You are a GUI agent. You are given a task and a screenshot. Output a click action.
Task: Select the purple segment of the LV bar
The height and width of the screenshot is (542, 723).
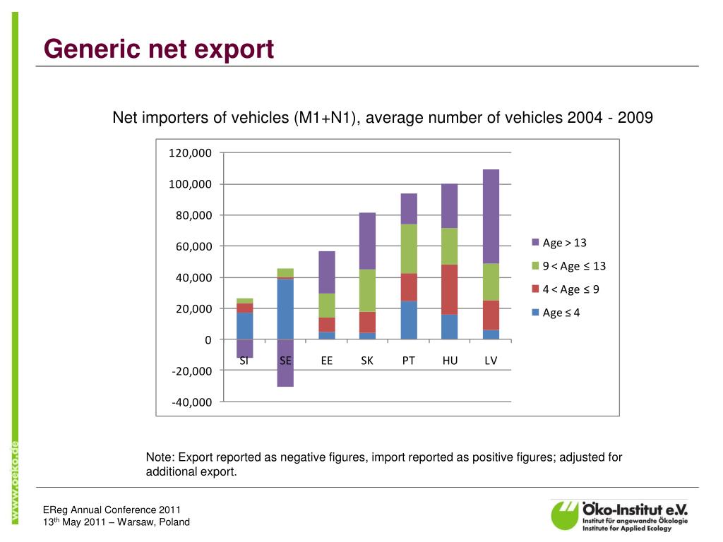(x=491, y=216)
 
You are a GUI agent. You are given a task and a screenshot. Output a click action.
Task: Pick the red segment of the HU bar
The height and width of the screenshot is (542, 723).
(x=450, y=289)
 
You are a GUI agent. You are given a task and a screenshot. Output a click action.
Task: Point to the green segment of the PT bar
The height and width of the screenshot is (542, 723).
(x=409, y=248)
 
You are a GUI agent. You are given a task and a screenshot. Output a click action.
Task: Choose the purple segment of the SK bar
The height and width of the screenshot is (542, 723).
(x=367, y=241)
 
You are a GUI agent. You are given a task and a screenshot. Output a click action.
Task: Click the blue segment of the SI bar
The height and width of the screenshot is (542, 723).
(x=244, y=325)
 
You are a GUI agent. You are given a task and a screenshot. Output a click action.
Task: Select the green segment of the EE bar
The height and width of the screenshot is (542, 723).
(x=326, y=305)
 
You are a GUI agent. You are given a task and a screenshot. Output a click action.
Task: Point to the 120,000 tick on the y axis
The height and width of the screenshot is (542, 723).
(x=190, y=153)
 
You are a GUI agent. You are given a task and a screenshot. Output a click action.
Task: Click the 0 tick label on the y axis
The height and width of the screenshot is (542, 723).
(x=208, y=340)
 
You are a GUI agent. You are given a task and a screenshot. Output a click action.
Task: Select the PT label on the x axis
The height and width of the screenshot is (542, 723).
(x=409, y=361)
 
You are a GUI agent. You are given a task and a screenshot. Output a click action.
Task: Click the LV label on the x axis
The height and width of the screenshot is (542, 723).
(x=491, y=361)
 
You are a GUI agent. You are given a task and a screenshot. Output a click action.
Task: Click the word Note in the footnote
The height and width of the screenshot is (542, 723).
(x=158, y=457)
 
